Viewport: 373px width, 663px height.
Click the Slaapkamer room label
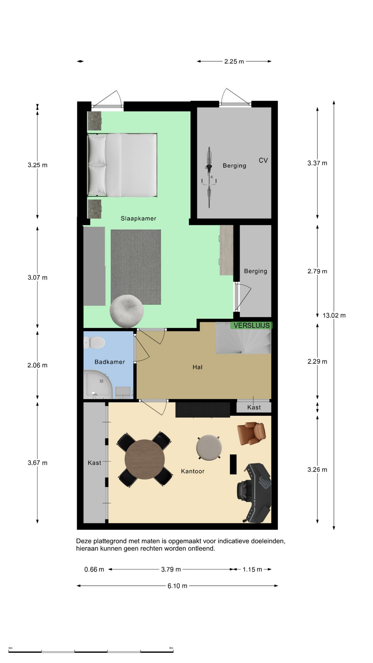click(138, 218)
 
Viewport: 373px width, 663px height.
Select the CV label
click(263, 160)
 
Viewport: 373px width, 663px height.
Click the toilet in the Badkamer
click(94, 343)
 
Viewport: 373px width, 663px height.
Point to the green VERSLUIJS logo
click(251, 325)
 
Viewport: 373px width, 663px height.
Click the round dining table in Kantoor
click(145, 459)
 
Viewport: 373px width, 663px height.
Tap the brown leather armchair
click(251, 434)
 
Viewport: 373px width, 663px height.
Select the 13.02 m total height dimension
click(334, 315)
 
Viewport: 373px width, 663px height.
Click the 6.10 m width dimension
click(177, 586)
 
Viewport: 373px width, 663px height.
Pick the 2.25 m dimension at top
click(234, 61)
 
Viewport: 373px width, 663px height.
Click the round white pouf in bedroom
click(127, 311)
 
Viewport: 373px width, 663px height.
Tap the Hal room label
click(198, 367)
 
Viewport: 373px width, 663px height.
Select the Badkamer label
click(110, 362)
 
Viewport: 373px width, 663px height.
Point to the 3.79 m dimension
click(171, 569)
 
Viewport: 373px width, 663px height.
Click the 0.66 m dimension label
click(94, 569)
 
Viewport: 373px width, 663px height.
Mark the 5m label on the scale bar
click(171, 648)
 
